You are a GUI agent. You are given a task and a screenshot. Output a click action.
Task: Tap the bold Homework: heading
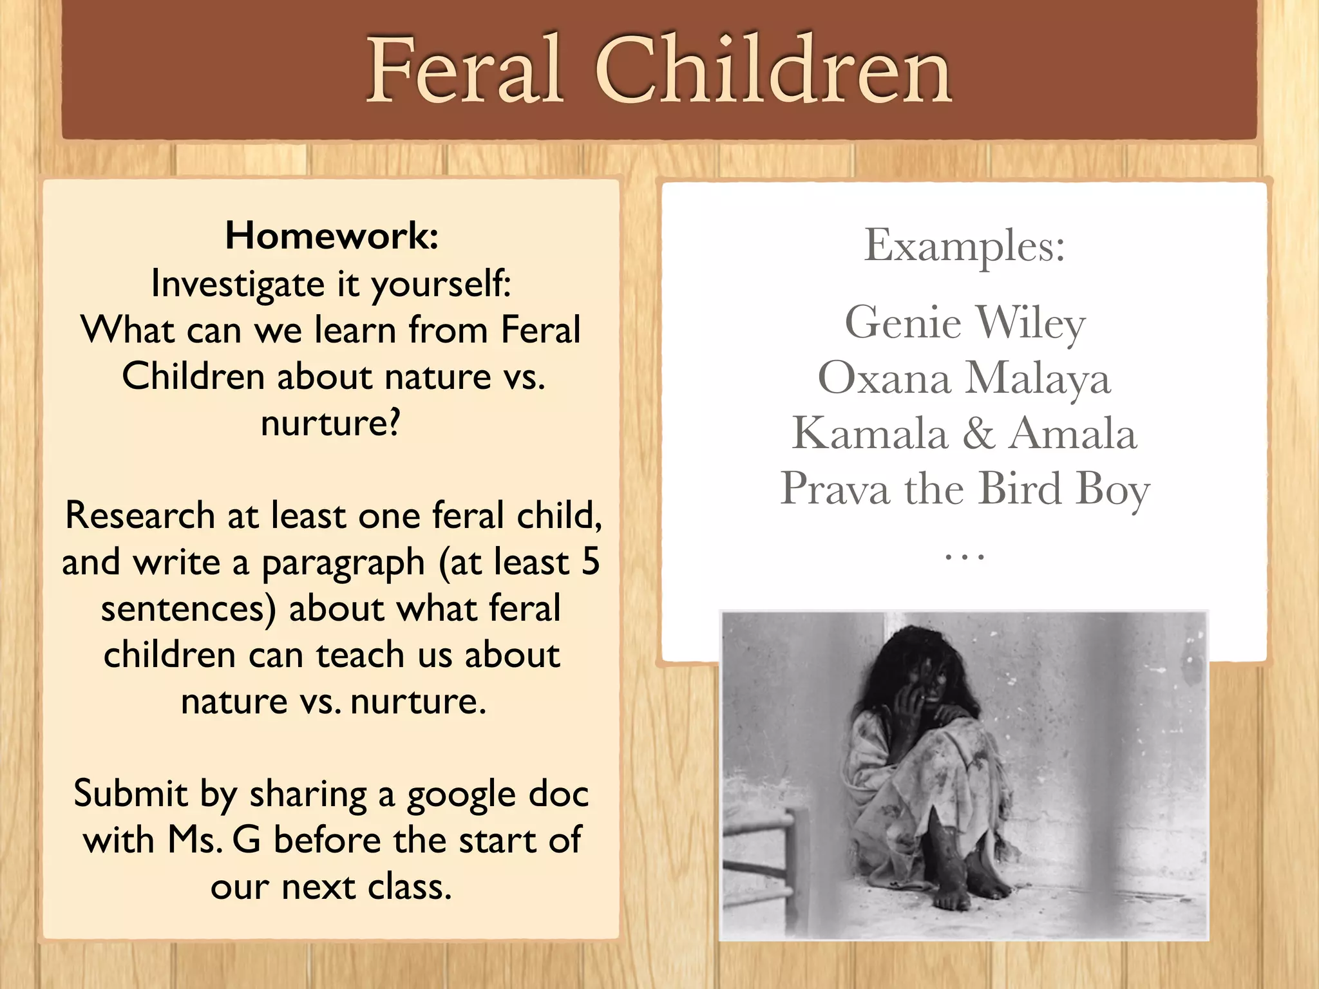coord(332,236)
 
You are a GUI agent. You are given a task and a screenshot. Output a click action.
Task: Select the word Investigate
coord(237,284)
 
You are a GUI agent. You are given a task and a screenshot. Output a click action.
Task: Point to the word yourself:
coord(441,284)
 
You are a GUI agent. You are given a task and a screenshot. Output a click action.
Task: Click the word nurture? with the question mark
coord(330,423)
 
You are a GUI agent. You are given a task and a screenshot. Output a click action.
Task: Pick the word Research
coord(140,516)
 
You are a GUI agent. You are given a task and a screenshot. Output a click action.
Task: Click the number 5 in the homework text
coord(590,561)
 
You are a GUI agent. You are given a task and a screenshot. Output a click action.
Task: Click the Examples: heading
coord(964,246)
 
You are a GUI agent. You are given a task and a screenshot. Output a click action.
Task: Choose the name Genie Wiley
coord(964,323)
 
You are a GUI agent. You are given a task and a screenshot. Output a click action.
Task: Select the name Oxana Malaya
coord(964,378)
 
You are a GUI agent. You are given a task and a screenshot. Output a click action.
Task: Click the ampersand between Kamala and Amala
coord(978,433)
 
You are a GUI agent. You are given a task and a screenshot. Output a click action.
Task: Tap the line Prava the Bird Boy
coord(964,489)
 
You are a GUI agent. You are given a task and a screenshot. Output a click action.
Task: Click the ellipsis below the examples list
coord(964,555)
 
